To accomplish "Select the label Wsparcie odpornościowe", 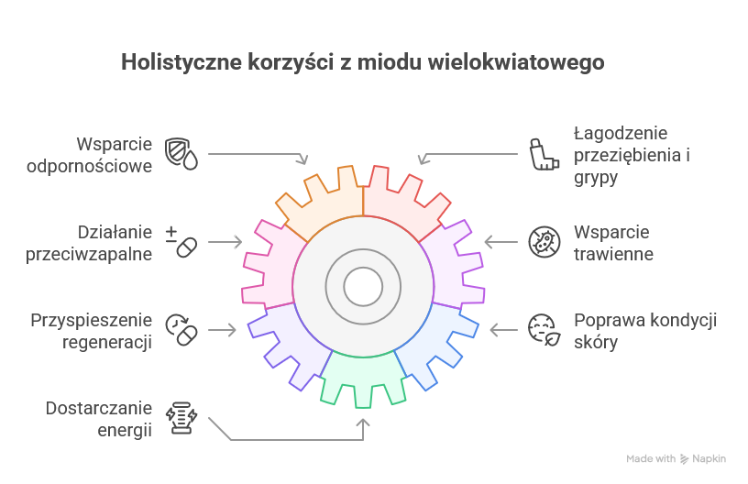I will point(115,156).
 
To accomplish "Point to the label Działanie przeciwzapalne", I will point(101,242).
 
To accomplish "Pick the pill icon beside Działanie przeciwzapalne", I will point(181,242).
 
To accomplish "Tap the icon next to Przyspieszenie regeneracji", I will point(181,329).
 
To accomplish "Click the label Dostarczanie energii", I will point(99,418).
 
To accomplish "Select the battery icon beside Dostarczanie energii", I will point(181,417).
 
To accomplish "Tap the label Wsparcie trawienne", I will point(612,243).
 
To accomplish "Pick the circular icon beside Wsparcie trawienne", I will point(544,242).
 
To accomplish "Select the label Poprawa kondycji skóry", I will point(644,331).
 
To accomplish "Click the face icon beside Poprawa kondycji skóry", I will point(543,329).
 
